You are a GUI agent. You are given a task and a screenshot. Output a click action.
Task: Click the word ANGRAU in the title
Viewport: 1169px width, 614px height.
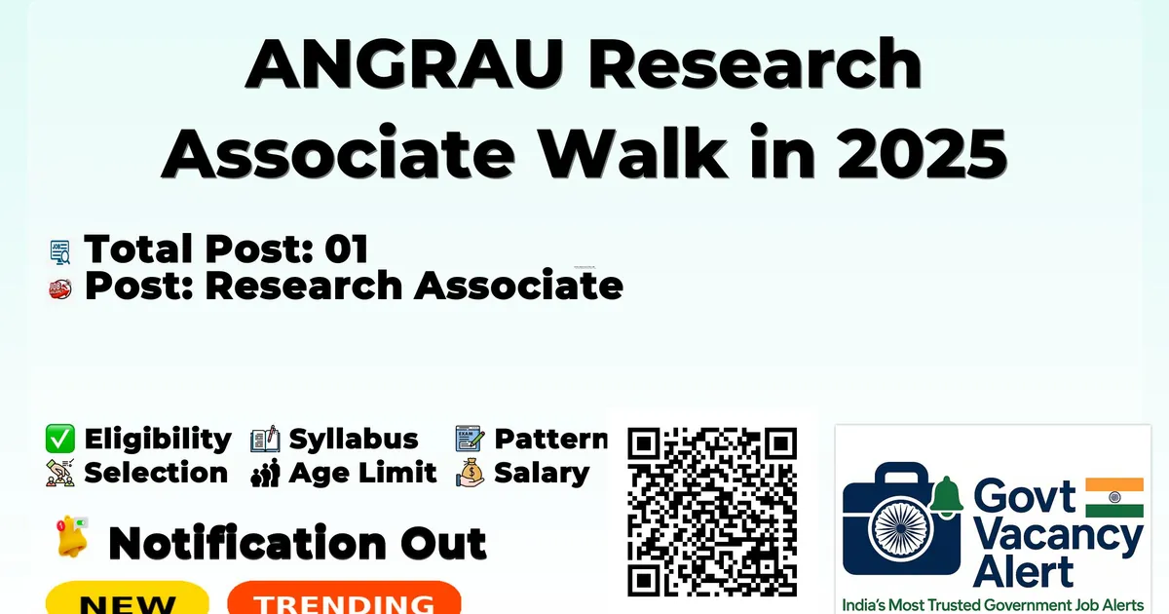404,64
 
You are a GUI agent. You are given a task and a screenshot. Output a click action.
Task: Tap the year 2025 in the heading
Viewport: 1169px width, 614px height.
923,153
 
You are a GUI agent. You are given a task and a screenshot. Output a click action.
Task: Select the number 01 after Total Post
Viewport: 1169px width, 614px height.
347,249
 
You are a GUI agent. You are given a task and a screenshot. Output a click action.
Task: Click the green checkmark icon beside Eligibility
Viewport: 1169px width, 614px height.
60,439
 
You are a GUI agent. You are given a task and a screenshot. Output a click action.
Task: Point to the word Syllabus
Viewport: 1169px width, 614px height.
354,440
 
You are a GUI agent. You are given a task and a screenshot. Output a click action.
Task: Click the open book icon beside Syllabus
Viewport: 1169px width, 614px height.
265,440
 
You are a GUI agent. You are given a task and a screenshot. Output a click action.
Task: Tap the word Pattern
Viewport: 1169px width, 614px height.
551,439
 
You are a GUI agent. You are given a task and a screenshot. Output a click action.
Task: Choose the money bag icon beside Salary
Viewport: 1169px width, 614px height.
470,473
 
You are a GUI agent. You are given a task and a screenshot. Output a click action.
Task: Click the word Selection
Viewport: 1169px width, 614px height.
156,473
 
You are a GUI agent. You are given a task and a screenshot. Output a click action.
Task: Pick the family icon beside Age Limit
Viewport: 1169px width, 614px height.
265,473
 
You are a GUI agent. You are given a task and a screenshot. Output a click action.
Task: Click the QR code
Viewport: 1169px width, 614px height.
712,512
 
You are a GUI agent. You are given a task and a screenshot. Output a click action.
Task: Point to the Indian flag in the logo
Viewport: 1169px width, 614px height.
1114,498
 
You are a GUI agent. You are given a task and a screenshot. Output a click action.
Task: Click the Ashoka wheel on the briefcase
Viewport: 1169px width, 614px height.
901,528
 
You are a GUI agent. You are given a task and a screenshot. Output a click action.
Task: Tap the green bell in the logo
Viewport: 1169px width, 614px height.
946,496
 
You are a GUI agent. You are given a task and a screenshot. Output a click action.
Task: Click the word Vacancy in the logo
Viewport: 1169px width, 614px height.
1058,538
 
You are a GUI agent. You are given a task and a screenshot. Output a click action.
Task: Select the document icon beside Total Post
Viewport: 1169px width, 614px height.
60,251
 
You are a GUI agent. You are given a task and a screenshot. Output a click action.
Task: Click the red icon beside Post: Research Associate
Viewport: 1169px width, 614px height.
60,288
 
